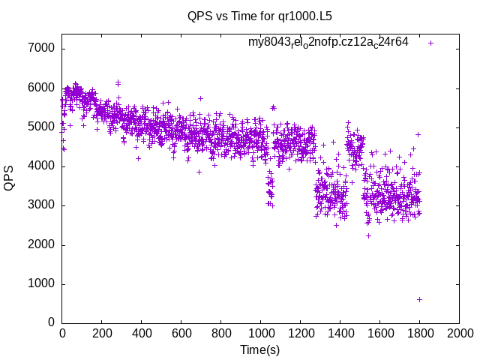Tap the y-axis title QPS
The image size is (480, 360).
(x=10, y=178)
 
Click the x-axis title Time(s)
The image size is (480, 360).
(x=260, y=349)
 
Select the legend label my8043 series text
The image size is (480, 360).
(x=328, y=42)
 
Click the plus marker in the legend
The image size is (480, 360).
(x=430, y=43)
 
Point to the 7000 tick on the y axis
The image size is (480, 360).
(x=42, y=49)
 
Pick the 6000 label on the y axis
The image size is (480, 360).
(x=42, y=88)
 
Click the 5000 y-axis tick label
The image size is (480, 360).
(x=42, y=127)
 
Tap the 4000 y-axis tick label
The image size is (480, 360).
(x=42, y=166)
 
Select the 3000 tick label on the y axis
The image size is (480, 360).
(x=42, y=205)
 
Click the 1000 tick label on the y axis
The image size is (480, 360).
(x=42, y=283)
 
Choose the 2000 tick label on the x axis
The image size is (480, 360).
(x=459, y=333)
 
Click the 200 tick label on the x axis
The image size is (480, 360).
(x=102, y=333)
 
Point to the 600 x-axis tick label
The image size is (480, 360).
(x=181, y=333)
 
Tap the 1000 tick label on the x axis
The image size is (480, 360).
(x=260, y=333)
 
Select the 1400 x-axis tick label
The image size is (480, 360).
(x=340, y=333)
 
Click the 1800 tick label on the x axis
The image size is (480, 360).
(x=419, y=333)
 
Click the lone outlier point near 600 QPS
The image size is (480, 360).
(x=419, y=299)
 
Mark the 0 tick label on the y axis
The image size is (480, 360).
(x=51, y=322)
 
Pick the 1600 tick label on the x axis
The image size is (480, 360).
(x=379, y=333)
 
